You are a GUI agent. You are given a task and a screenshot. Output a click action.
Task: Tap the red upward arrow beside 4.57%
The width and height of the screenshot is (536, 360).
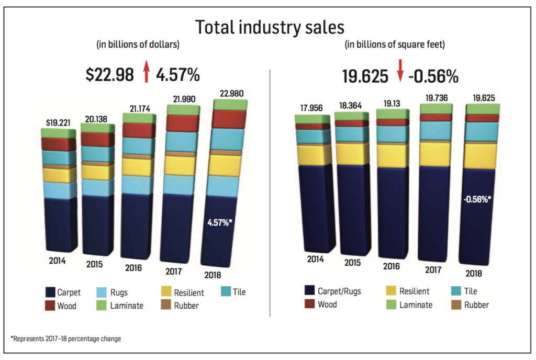pos(147,72)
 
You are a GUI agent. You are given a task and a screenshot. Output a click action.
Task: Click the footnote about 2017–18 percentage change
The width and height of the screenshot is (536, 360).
pos(65,339)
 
